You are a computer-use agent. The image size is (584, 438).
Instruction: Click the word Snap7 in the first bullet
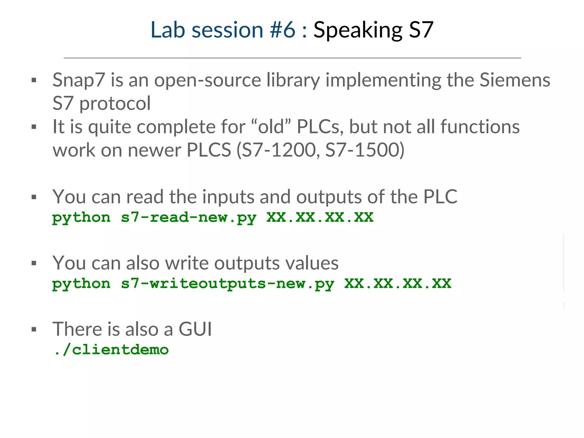coord(79,80)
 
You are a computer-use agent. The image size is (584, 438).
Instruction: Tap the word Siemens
coord(515,80)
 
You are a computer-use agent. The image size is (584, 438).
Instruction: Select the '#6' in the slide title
coord(283,30)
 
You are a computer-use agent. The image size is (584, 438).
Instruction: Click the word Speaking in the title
coord(358,30)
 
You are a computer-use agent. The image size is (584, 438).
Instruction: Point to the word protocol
coord(115,104)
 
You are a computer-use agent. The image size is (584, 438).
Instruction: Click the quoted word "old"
coord(271,127)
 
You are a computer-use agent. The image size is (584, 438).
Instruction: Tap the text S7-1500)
coord(365,150)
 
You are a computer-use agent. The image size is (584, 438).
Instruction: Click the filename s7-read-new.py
coord(188,218)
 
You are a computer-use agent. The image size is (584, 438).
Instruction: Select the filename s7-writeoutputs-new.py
coord(227,284)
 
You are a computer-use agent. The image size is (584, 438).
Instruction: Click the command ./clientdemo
coord(111,350)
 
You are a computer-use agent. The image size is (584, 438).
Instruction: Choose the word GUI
coord(195,329)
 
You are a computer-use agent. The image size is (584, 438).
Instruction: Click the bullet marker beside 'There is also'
coord(34,330)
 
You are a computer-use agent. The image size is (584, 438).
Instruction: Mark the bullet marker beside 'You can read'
coord(34,197)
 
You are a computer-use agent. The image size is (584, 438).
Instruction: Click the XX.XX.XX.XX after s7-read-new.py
coord(320,218)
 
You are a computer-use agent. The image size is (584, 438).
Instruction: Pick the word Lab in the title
coord(168,30)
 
